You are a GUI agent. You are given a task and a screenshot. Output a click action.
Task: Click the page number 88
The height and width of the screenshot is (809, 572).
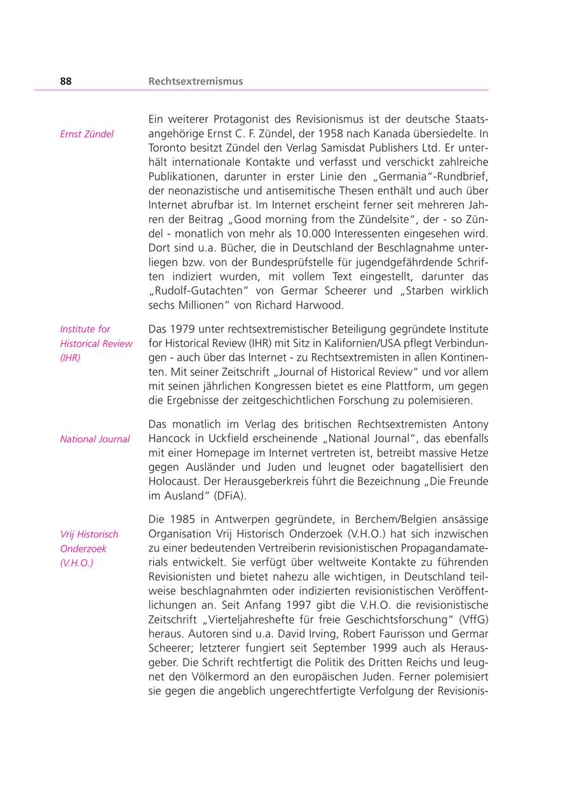(x=65, y=81)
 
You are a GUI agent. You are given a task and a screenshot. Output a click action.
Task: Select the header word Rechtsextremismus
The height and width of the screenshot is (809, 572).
(x=195, y=81)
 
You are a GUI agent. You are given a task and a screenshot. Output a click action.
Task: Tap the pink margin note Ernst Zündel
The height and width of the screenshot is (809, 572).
(x=86, y=134)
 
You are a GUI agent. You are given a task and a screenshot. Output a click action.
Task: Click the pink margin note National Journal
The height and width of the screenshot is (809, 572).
(x=95, y=439)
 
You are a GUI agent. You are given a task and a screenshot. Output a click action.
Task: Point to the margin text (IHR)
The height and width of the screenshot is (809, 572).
(x=70, y=358)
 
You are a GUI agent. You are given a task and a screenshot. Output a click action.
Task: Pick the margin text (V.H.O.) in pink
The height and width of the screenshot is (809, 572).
(x=76, y=563)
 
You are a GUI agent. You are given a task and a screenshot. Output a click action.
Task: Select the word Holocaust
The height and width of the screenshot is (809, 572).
(x=173, y=482)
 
